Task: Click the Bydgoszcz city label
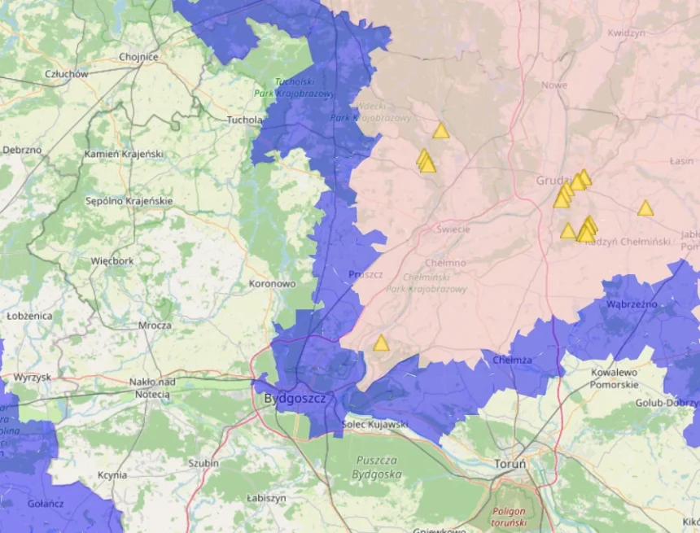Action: (295, 399)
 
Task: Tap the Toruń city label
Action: (510, 464)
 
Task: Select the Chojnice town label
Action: (138, 57)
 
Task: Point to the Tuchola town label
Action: (244, 120)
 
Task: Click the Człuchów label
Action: (67, 74)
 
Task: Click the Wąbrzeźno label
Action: (632, 304)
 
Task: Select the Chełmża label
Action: (513, 360)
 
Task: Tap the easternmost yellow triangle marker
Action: (645, 209)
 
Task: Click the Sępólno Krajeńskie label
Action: (129, 201)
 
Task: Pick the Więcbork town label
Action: (112, 261)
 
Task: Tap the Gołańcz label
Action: (46, 503)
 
